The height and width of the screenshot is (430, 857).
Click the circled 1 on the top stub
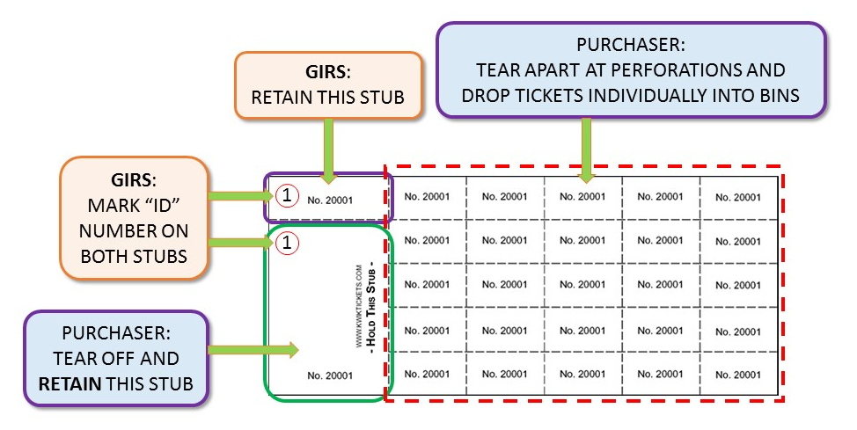click(x=283, y=196)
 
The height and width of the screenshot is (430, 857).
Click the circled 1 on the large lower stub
click(x=283, y=240)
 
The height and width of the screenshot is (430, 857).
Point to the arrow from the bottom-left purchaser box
click(x=254, y=350)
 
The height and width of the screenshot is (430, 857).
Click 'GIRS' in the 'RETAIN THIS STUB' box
click(x=327, y=72)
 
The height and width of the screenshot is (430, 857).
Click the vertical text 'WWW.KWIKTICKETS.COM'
click(x=360, y=307)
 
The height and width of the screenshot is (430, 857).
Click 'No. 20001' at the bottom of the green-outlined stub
click(x=330, y=375)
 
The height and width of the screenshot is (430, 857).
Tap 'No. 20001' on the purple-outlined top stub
click(x=330, y=200)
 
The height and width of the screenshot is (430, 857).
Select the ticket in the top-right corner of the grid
click(x=737, y=197)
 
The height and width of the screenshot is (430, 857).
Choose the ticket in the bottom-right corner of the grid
click(x=737, y=374)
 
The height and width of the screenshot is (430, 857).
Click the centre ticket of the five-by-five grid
click(x=582, y=284)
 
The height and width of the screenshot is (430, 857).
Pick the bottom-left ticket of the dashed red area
click(x=428, y=374)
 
